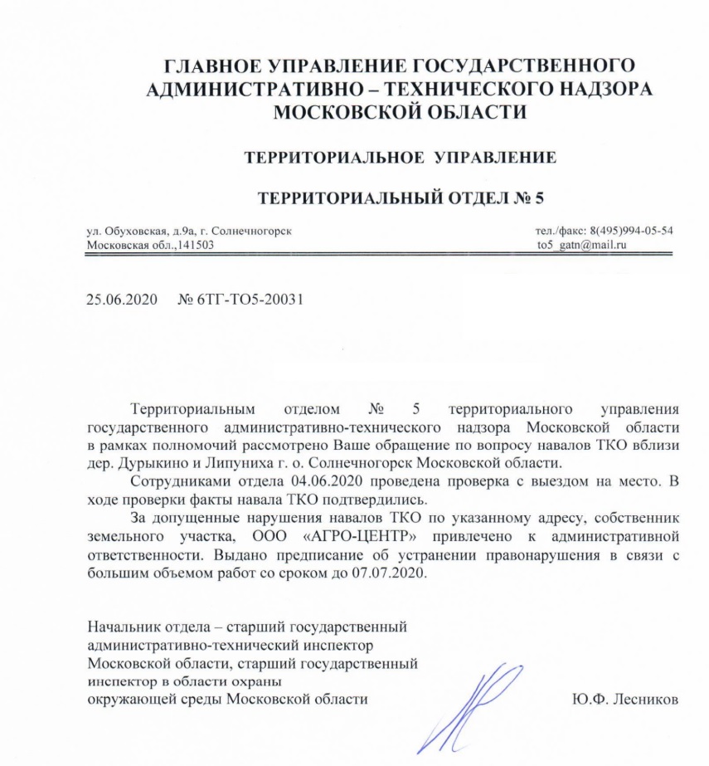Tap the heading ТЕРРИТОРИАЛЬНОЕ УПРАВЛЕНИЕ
(399, 156)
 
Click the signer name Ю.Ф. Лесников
(625, 699)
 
